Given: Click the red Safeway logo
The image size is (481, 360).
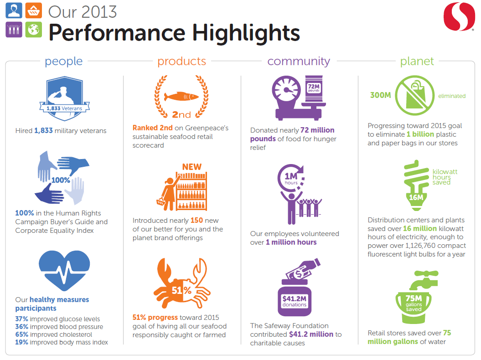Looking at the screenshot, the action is [x=459, y=16].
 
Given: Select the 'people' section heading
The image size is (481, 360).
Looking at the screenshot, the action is [x=64, y=62].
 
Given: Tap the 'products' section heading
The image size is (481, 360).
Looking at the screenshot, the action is [x=181, y=61].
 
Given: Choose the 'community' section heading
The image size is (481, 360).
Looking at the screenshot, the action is [x=299, y=61].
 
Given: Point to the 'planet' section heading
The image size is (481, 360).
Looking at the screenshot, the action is [x=417, y=62].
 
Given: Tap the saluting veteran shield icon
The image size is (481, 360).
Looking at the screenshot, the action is [x=64, y=98].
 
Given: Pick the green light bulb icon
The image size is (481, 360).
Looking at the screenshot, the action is [x=416, y=185].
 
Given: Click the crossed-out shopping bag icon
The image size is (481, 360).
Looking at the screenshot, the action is [x=415, y=95].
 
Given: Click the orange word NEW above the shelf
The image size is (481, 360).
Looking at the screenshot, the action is [x=192, y=167].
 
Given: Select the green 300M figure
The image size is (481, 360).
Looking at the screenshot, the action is [x=380, y=95].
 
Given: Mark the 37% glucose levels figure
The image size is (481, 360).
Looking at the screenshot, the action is [x=21, y=319].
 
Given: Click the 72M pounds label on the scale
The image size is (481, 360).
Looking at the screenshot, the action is [x=314, y=88].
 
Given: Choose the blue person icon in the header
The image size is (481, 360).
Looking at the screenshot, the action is [x=14, y=10].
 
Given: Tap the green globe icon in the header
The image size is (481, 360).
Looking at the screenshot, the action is [x=33, y=30].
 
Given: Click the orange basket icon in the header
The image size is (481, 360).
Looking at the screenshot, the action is [x=33, y=10].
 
